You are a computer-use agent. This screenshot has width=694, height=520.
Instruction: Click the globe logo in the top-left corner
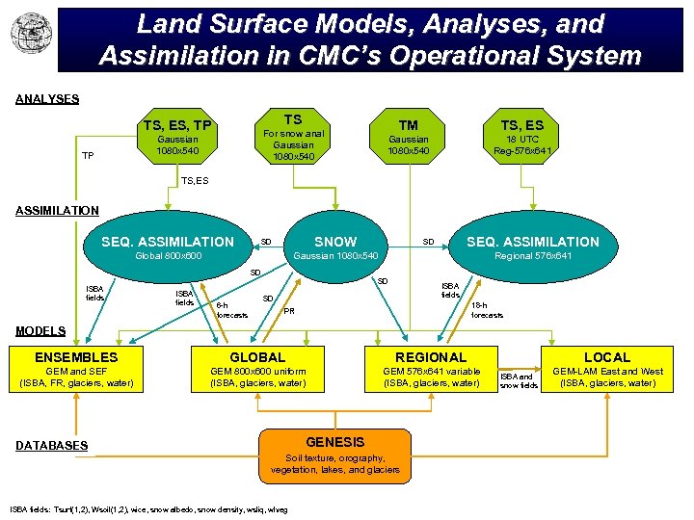[x=28, y=34]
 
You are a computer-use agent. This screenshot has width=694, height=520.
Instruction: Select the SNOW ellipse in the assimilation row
[x=335, y=247]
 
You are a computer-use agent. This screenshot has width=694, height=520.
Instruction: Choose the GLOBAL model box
[x=257, y=370]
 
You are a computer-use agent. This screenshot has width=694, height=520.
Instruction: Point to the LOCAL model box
[x=606, y=370]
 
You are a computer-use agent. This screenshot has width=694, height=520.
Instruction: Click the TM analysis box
[x=408, y=138]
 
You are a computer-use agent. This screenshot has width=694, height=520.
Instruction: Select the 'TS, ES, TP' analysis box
[x=177, y=138]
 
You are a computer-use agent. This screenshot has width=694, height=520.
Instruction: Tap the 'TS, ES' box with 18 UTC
[x=521, y=138]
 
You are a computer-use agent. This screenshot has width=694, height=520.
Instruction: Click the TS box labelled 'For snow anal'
[x=293, y=138]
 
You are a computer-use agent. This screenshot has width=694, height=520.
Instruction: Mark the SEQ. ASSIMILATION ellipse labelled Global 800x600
[x=168, y=247]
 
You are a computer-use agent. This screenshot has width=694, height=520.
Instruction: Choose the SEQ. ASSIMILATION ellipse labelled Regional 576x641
[x=532, y=247]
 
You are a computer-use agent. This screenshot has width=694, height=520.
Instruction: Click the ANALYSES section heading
[x=47, y=98]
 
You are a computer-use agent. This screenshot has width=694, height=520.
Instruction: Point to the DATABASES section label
[x=52, y=445]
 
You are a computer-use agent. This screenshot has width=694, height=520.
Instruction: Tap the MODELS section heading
[x=40, y=330]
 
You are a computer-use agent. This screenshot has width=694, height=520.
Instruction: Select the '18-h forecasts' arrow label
[x=487, y=309]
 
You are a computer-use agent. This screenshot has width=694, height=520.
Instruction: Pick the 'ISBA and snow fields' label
[x=519, y=380]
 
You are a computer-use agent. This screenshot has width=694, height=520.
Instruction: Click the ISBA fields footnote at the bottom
[x=149, y=507]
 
